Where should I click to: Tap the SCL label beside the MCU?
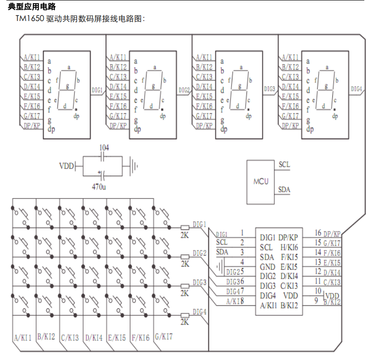[283, 165]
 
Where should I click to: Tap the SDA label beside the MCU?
[284, 189]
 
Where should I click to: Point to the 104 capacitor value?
[104, 147]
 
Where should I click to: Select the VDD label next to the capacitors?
[67, 166]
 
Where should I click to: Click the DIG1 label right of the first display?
[97, 90]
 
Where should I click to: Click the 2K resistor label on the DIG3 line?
[184, 293]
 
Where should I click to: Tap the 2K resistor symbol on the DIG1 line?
[184, 227]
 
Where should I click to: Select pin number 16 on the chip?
[318, 233]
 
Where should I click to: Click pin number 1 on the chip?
[242, 233]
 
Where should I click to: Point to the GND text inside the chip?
[267, 266]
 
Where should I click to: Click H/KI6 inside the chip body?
[289, 247]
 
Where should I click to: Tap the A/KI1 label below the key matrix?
[23, 338]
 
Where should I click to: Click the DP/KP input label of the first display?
[31, 126]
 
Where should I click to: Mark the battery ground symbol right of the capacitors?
[133, 166]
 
